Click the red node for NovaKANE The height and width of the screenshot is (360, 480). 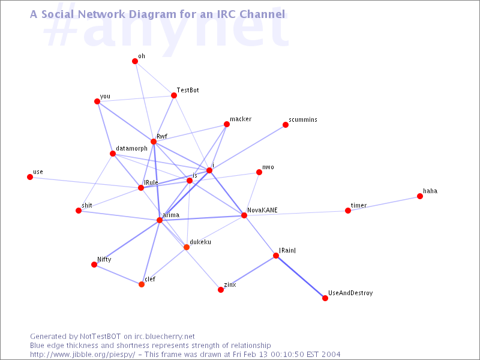[x=244, y=215]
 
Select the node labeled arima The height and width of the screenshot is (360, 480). [x=160, y=220]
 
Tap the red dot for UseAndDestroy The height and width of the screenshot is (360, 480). [x=325, y=298]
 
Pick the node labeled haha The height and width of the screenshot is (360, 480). [x=420, y=196]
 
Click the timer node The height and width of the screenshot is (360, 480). [x=348, y=211]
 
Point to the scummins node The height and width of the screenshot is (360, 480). [x=286, y=125]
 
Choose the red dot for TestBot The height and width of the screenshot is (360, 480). [x=174, y=95]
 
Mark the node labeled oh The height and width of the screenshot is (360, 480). [x=135, y=61]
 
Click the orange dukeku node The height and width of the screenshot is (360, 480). [x=187, y=247]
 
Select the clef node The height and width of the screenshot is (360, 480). [x=142, y=284]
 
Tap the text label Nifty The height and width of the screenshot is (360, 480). [x=104, y=260]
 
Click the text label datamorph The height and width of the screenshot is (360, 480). [x=131, y=148]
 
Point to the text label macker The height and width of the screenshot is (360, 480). [x=241, y=119]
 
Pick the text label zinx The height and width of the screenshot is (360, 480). [x=230, y=284]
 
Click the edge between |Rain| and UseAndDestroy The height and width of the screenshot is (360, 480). [x=301, y=277]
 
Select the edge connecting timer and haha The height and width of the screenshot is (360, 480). [x=384, y=203]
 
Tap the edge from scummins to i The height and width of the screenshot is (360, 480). [x=247, y=148]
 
